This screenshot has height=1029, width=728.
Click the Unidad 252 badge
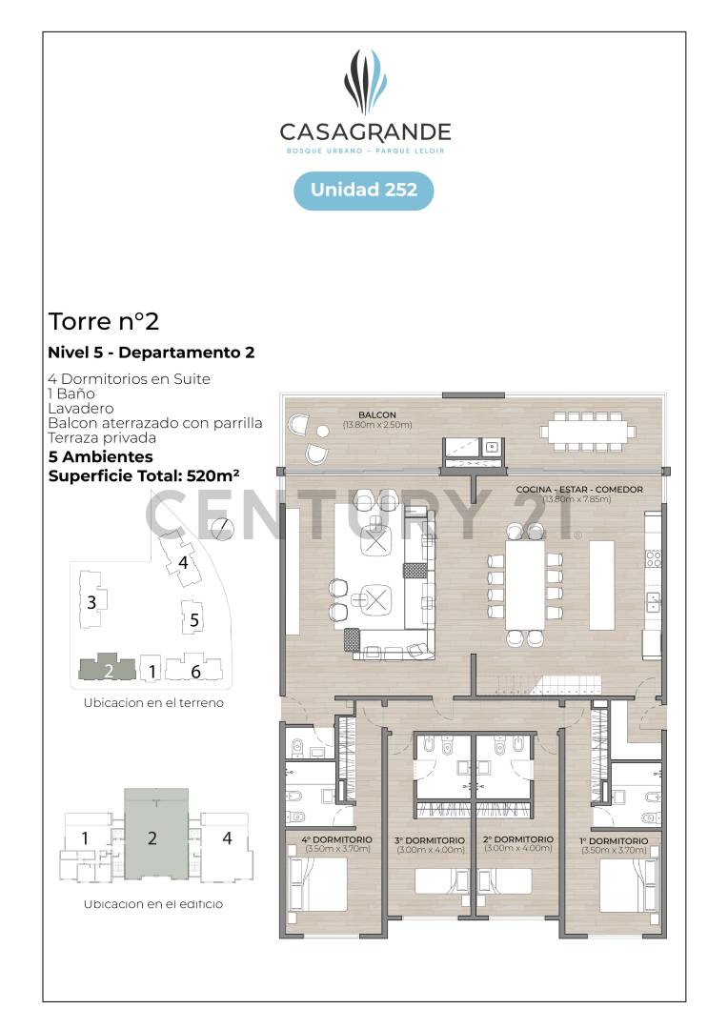point(364,190)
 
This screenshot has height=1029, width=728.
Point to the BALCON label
point(377,414)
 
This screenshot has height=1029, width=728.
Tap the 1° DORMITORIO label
point(613,841)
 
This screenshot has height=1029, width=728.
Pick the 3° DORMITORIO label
point(429,841)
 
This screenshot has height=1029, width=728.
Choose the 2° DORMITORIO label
point(518,841)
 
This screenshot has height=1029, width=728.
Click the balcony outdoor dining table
point(587,431)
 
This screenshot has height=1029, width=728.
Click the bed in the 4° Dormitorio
point(318,883)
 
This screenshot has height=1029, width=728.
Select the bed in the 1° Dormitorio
point(629,883)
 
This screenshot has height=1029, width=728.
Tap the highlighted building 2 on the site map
point(108,668)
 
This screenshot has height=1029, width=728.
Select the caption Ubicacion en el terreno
point(152,703)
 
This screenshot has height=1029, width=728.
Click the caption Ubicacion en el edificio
point(152,903)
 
